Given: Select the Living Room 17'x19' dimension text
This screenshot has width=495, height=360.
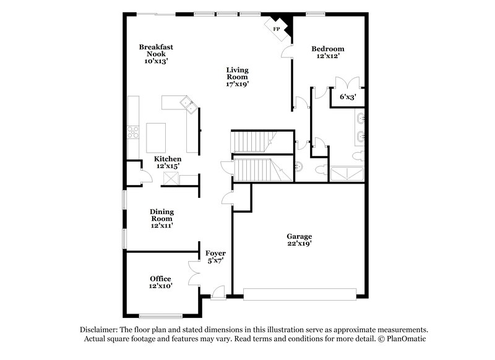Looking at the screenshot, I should (x=237, y=84).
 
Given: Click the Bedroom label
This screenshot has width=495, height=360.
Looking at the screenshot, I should (x=328, y=49).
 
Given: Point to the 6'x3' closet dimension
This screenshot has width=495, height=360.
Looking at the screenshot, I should (x=347, y=96).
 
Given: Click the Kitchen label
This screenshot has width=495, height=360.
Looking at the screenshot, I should (x=168, y=159).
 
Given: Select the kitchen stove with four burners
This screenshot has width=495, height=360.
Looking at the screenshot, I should (x=132, y=131).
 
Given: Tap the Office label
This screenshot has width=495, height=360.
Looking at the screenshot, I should (x=160, y=278).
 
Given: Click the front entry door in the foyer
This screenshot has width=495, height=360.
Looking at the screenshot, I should (x=218, y=292).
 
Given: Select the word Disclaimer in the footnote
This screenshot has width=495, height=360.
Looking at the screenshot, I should (x=98, y=330).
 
